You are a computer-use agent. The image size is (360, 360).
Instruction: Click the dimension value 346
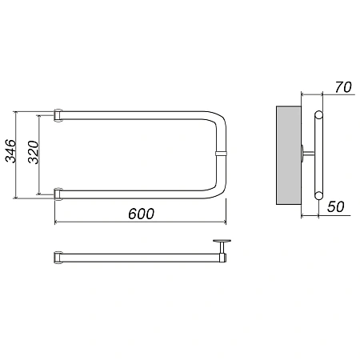(x=11, y=151)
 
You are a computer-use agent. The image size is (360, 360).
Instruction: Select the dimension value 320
(x=34, y=152)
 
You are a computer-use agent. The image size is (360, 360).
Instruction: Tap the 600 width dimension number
(x=141, y=214)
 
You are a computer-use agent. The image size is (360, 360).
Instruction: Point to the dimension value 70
(x=343, y=87)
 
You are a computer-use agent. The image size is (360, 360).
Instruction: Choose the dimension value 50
(x=336, y=206)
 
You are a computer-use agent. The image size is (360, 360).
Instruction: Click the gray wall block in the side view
(x=289, y=155)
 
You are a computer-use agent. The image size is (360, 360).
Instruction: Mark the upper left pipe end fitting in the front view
(x=58, y=115)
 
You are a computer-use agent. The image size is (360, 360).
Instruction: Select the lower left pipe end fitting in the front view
(x=58, y=194)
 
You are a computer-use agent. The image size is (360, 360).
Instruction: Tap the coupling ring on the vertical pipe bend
(x=221, y=154)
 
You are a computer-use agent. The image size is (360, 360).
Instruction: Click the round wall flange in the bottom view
(x=222, y=241)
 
